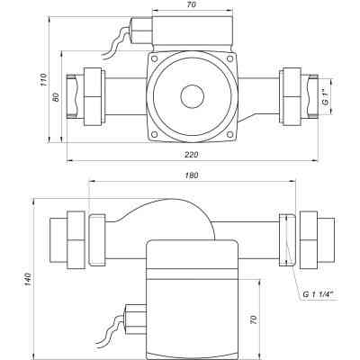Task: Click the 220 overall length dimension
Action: coord(191,154)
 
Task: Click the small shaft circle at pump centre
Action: coord(191,96)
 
